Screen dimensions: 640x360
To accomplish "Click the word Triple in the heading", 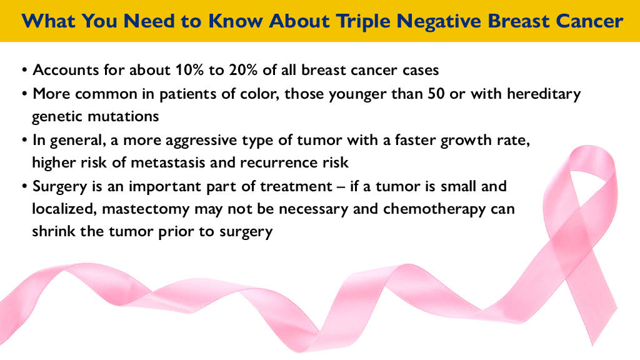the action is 362,21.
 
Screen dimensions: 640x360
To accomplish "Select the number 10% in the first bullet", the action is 189,70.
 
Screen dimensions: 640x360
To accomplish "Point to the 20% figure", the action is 243,70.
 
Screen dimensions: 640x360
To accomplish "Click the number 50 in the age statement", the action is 436,94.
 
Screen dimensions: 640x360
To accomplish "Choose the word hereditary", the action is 544,94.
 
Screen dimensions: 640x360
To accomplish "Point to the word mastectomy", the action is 146,209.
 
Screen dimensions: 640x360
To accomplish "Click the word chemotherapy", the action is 434,209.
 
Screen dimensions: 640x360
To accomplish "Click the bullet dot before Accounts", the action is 25,70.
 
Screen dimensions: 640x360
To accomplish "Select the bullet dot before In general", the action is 25,141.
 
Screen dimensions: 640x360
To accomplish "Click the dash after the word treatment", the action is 341,187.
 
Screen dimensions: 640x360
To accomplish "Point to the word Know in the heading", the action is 236,21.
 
